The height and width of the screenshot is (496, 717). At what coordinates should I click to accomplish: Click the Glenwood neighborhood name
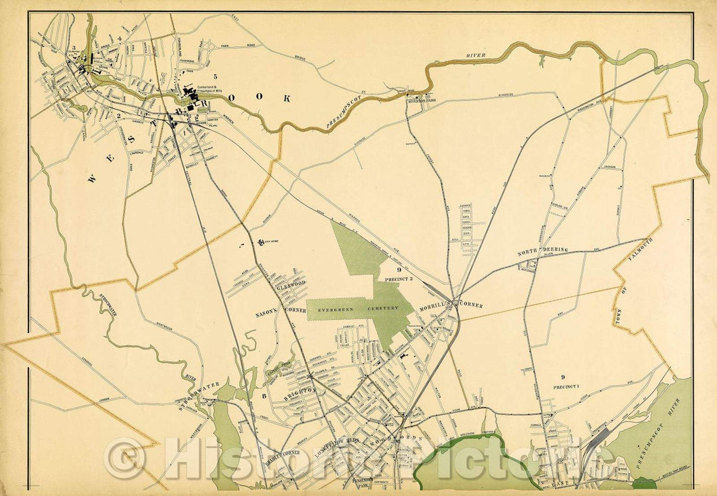(x=290, y=283)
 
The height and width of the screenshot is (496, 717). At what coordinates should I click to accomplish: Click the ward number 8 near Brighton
(x=264, y=396)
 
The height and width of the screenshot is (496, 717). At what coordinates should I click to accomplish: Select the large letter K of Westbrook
(x=287, y=98)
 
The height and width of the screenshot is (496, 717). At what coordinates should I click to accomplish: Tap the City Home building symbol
(x=261, y=241)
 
